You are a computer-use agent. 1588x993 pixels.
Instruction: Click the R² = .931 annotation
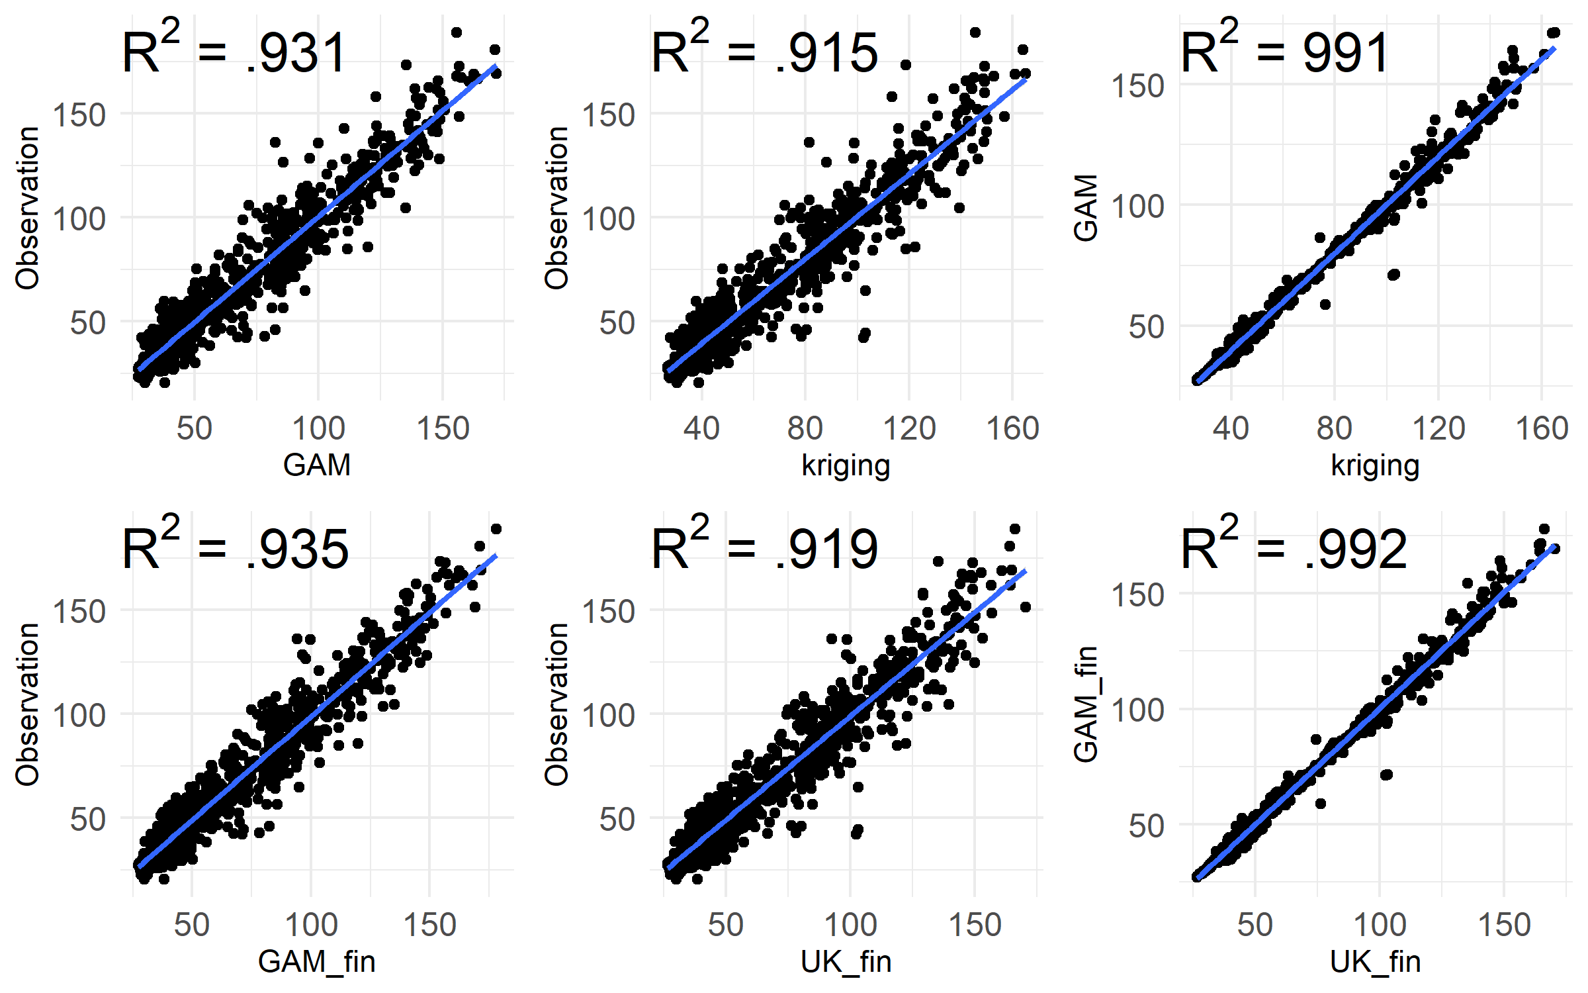point(234,52)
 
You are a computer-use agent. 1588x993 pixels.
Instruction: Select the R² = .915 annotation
point(764,52)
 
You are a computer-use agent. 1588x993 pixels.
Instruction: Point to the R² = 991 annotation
point(1284,52)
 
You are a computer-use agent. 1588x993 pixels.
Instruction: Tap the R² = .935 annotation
point(234,548)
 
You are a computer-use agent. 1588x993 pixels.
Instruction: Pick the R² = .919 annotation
point(764,548)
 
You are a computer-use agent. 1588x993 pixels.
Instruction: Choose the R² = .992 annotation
point(1294,548)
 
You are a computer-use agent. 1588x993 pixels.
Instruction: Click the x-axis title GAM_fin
point(316,962)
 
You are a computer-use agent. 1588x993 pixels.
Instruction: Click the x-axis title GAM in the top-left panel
point(316,465)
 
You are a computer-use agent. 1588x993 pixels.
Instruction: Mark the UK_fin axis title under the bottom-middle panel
point(846,962)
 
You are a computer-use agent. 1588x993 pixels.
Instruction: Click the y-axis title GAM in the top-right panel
point(1086,208)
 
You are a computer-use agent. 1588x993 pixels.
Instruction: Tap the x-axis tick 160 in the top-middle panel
point(1012,428)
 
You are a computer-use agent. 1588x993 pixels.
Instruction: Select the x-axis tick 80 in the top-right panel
point(1334,428)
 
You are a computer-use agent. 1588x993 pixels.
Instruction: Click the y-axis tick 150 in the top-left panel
point(79,115)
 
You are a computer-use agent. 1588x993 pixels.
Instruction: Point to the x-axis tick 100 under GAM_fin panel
point(311,925)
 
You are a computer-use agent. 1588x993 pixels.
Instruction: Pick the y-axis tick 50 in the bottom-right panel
point(1146,826)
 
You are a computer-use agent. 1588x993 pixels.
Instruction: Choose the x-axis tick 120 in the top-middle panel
point(909,428)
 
